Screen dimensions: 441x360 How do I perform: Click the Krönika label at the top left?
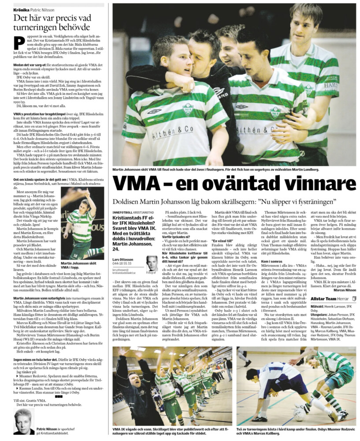[22, 8]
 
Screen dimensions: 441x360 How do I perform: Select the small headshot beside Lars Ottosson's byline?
[152, 263]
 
